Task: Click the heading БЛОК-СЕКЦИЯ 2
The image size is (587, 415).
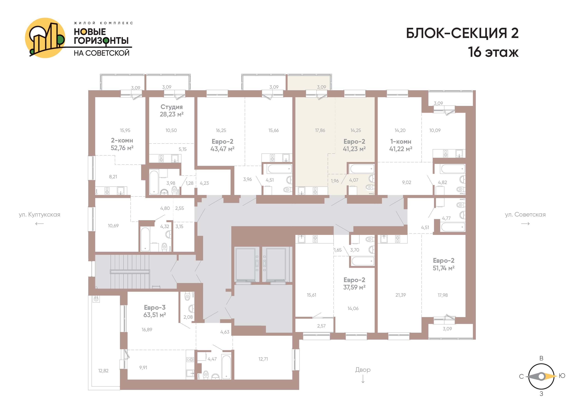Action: (462, 33)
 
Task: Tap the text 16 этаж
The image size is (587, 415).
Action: (493, 52)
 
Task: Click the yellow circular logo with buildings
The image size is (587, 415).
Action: (45, 38)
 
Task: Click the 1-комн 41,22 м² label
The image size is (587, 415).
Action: (401, 145)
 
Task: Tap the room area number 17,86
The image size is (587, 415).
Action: (320, 130)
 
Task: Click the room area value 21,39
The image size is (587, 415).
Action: (400, 295)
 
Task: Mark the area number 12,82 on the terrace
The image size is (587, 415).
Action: (103, 371)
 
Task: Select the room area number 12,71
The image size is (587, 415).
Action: (263, 359)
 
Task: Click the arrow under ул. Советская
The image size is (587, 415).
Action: (525, 224)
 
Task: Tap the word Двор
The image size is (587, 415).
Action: (363, 370)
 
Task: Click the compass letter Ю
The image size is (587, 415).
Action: (562, 376)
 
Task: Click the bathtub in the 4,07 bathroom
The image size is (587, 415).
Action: (362, 169)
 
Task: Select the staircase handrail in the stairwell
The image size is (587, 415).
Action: (130, 272)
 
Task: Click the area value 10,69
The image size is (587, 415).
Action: (113, 226)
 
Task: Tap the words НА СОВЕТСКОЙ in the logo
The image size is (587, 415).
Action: (102, 53)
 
